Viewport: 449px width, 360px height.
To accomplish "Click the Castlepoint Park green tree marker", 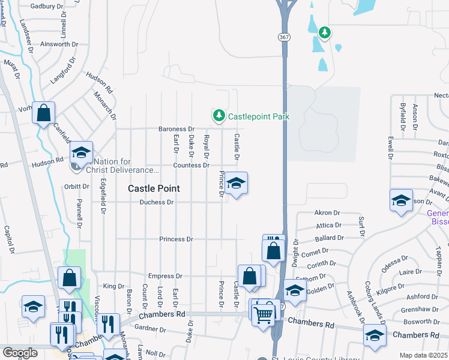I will coord(218,115).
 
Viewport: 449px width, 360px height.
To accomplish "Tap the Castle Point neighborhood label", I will coord(154,188).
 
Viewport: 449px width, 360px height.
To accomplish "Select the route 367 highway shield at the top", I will coord(283,37).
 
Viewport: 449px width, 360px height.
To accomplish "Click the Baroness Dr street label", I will coord(176,129).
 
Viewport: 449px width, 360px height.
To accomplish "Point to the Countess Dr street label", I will coord(191,165).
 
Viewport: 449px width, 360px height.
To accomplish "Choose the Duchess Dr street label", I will coord(156,202).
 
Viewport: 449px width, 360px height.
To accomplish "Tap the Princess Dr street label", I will coord(176,239).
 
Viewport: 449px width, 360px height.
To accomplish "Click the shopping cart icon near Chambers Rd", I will coord(263,313).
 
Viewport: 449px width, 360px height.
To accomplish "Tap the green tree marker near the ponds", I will coord(324,32).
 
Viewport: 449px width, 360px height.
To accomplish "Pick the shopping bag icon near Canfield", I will coord(44,113).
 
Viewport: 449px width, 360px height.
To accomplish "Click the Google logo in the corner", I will coord(20,352).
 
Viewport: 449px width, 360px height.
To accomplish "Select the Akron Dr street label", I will coord(327,213).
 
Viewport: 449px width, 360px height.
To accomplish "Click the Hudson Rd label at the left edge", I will coord(47,161).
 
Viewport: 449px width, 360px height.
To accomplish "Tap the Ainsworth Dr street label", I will coord(55,44).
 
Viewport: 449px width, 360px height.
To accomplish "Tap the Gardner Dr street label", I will coord(150,329).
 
